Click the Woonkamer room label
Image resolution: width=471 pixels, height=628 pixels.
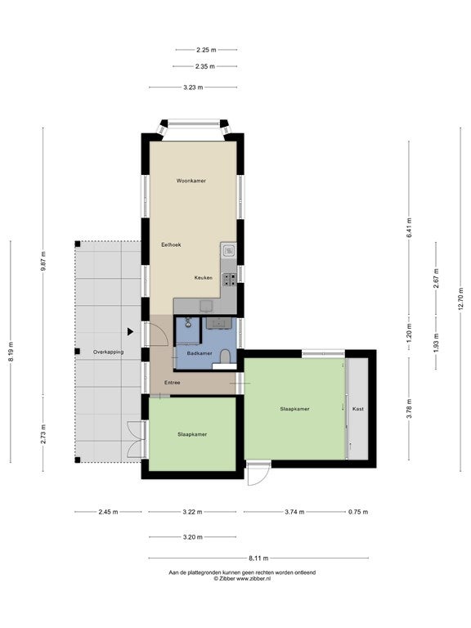point(191,181)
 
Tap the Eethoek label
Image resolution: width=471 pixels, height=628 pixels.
point(171,244)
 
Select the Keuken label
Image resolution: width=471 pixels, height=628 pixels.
point(204,277)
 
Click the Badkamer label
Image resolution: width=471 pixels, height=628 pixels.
point(200,353)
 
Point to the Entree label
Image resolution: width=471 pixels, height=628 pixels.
point(173,383)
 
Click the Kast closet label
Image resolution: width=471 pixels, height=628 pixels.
point(358,409)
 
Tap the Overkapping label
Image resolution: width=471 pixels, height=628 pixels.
point(108,352)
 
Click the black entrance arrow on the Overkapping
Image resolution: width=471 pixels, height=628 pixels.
point(130,332)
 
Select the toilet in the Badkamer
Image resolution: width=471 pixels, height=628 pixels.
point(225,356)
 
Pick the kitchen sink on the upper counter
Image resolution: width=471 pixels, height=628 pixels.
point(229,251)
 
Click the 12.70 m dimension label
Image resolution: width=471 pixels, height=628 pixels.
point(460,298)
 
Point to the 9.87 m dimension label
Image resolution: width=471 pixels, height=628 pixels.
point(43,261)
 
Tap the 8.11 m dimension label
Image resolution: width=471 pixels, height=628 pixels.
point(258,558)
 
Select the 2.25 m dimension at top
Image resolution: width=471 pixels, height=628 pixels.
point(206,50)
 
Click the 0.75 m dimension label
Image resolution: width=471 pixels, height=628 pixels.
point(358,512)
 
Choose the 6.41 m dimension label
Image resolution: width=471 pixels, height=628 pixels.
point(409,228)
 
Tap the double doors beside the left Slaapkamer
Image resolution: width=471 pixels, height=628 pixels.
point(137,439)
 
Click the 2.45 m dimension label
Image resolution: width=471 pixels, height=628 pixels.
point(108,512)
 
